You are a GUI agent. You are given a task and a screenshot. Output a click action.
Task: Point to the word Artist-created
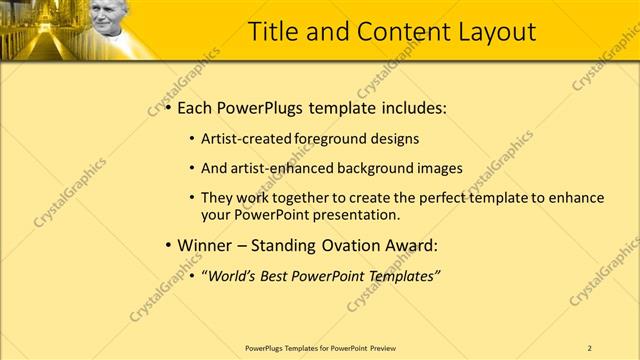click(243, 139)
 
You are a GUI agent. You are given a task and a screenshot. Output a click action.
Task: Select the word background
click(380, 168)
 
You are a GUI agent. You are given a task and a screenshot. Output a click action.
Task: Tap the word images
click(441, 168)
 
